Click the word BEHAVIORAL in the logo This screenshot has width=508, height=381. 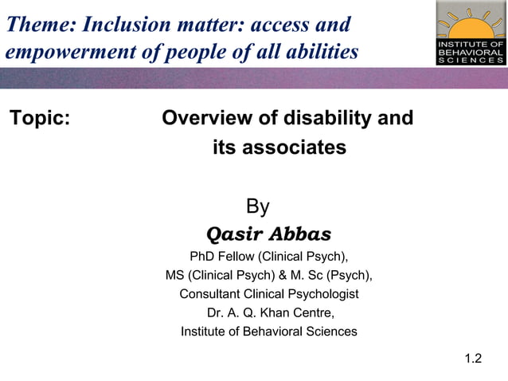(x=470, y=52)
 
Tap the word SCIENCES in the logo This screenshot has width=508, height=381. (x=470, y=61)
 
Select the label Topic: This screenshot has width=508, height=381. (x=40, y=120)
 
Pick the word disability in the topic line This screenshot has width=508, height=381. (x=322, y=119)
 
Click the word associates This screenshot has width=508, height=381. (x=294, y=147)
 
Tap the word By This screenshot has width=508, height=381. (x=257, y=207)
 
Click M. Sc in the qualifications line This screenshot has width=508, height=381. (x=311, y=276)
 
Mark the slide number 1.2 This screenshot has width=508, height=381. (x=473, y=358)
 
